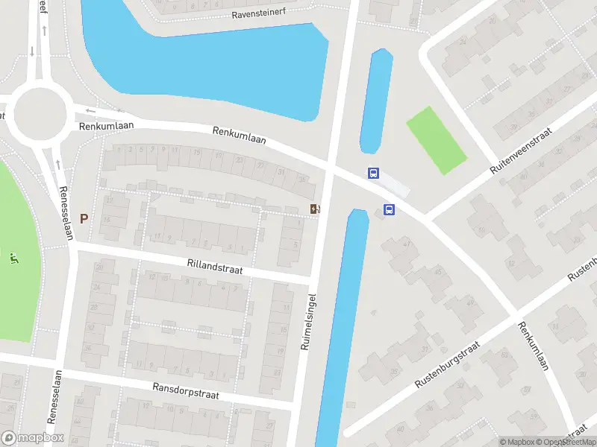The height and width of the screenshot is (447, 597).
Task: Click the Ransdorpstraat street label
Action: [186, 390]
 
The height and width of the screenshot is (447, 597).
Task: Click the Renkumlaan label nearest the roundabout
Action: [106, 126]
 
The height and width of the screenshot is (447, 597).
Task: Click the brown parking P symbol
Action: [84, 219]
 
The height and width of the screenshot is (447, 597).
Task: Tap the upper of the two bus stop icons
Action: [374, 174]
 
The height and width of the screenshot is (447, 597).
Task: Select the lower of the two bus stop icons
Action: [389, 210]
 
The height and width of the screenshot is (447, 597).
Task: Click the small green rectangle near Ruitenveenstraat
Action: [436, 140]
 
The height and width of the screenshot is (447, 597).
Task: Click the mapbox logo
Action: [33, 438]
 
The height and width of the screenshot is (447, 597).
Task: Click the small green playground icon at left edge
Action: [13, 259]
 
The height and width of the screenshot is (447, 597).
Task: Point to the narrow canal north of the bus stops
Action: [376, 101]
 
